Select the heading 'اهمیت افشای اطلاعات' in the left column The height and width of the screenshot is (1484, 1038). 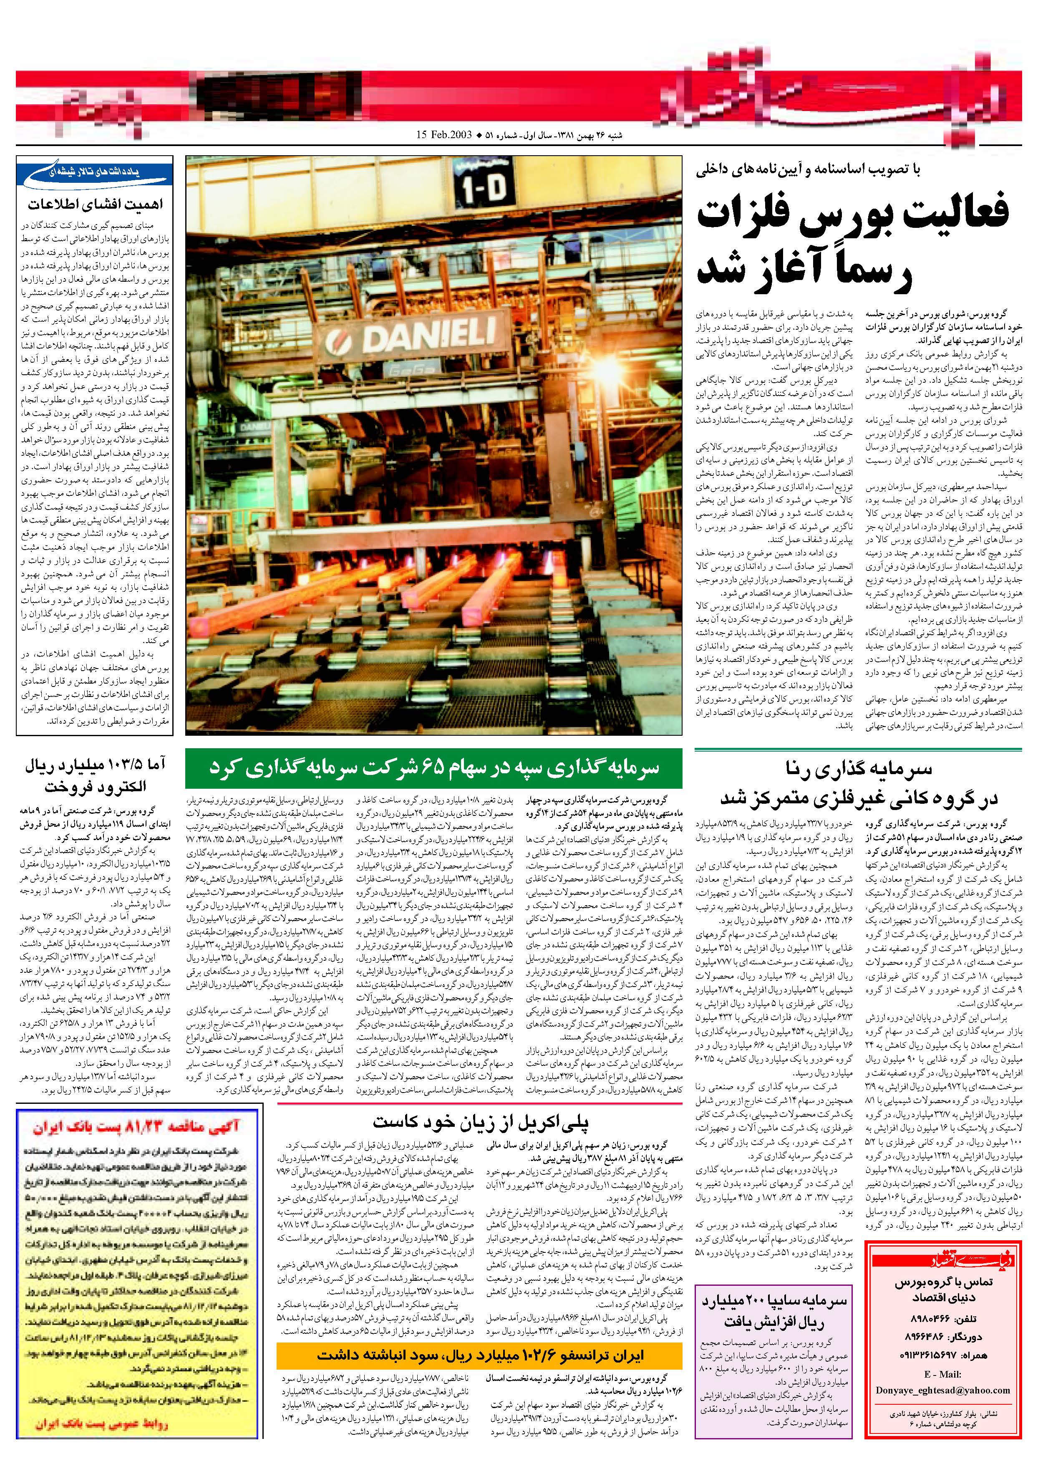96,204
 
